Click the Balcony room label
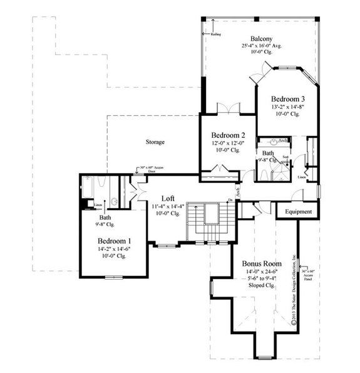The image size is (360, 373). point(260,38)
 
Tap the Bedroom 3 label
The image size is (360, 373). point(288,99)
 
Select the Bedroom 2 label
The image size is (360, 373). point(228,135)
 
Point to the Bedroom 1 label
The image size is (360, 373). point(115,241)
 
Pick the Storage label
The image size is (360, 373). point(155,142)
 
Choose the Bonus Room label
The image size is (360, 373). point(262,264)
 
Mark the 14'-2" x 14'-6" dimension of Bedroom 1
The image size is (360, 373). point(115,249)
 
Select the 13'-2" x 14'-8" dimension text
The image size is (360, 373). point(288,107)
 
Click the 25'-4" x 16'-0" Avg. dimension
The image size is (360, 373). point(260,46)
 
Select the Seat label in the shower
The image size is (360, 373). point(285,157)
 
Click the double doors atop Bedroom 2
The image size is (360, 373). point(226,108)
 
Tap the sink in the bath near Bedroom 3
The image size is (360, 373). point(274,142)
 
